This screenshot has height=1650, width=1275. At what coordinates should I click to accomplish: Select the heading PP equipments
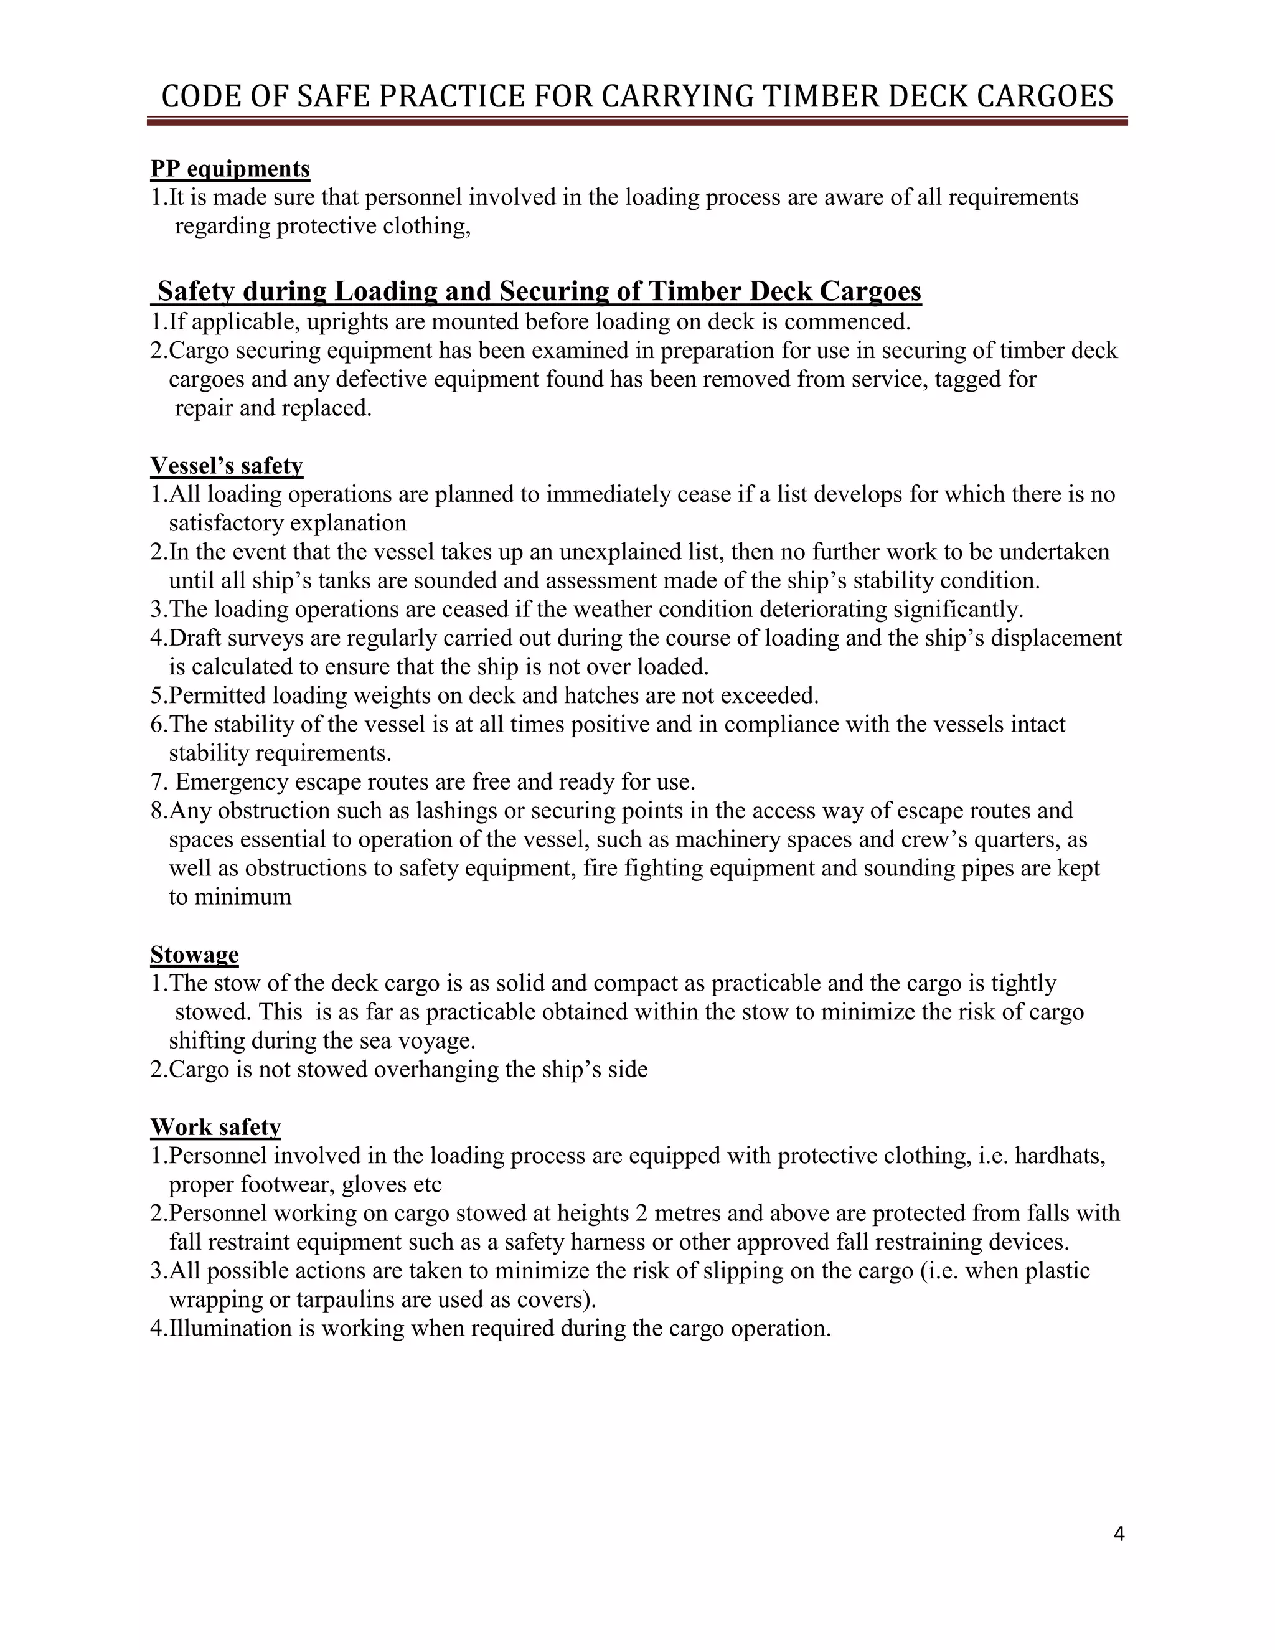230,169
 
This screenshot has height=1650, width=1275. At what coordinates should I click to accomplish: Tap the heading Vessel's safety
227,465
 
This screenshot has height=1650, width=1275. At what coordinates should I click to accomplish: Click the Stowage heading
194,954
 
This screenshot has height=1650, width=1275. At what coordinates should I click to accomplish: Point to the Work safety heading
215,1126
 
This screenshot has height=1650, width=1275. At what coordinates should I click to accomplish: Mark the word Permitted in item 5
217,695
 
